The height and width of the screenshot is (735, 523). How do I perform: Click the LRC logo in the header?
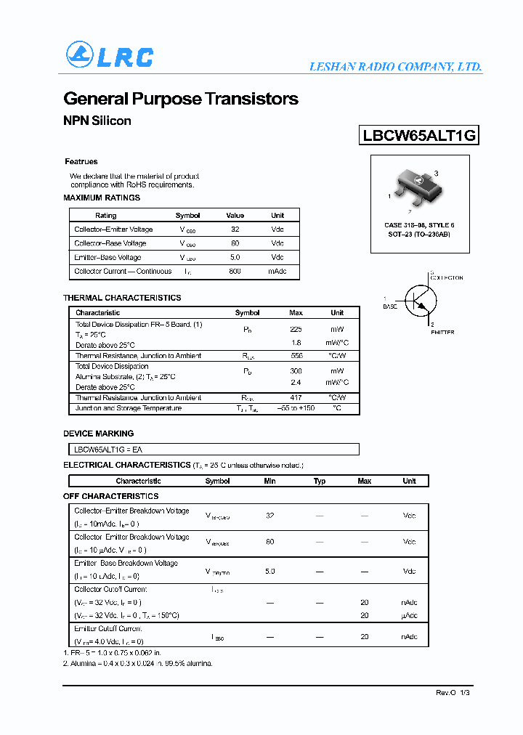click(110, 56)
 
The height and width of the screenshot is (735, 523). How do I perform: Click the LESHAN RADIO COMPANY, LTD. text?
click(395, 67)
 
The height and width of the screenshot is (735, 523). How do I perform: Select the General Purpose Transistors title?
click(181, 99)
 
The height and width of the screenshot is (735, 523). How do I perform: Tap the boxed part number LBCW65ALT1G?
click(419, 135)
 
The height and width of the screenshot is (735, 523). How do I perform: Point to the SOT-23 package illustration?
click(414, 188)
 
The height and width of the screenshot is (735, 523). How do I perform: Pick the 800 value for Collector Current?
click(235, 272)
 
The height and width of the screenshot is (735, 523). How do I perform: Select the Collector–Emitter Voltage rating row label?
click(113, 230)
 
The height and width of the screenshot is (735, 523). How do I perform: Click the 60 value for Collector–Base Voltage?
click(235, 243)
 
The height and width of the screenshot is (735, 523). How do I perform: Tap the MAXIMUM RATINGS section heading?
click(102, 198)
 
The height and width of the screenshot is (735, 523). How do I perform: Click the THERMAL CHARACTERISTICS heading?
click(122, 298)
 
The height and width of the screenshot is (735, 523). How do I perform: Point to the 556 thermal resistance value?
click(296, 356)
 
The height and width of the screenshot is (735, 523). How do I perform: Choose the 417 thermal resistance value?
click(296, 398)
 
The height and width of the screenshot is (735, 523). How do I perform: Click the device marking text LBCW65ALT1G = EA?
click(109, 450)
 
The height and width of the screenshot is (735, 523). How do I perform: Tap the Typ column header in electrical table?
click(320, 481)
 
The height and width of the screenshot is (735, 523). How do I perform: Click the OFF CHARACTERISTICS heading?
click(110, 496)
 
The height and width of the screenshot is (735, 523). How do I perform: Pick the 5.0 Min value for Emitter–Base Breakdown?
click(269, 572)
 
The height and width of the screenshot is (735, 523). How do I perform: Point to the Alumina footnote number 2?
click(138, 663)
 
